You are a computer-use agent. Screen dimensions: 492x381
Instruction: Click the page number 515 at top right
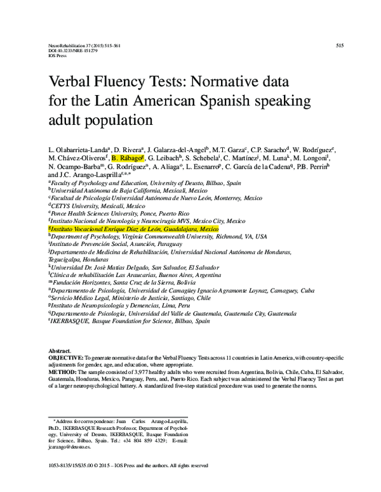[x=339, y=46]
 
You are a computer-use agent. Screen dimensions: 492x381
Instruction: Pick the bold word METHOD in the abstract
[x=63, y=372]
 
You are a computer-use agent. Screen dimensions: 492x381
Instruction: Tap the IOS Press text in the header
[x=57, y=56]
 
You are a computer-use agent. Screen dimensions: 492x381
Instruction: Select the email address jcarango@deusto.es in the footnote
[x=70, y=447]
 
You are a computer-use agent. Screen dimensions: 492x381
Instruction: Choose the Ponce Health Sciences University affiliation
[x=121, y=214]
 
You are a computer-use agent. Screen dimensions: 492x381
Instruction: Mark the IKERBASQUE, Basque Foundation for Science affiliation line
[x=130, y=321]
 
